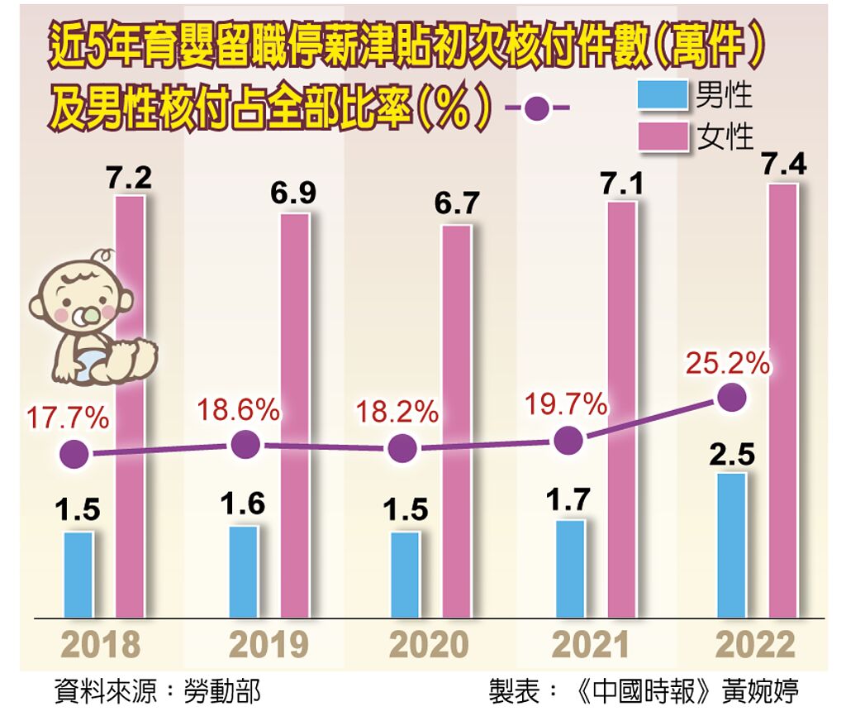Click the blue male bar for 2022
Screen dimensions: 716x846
[x=731, y=546]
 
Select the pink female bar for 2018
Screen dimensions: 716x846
[x=130, y=405]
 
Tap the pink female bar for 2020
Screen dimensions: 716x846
[x=456, y=422]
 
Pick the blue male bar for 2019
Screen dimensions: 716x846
[x=243, y=571]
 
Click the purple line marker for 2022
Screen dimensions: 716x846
[x=731, y=399]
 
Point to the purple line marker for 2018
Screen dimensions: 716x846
[x=75, y=454]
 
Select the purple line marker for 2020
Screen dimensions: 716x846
[x=402, y=448]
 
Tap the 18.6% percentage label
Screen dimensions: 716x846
[x=240, y=409]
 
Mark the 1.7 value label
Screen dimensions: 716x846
[x=569, y=501]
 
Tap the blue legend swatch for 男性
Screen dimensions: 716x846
[x=663, y=95]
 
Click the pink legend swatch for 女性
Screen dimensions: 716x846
[x=663, y=136]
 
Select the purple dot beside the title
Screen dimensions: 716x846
[x=537, y=108]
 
